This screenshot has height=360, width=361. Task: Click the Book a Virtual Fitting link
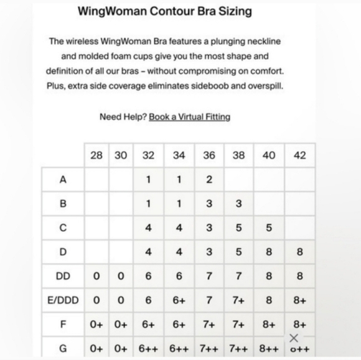click(189, 117)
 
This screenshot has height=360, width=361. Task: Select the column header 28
click(96, 155)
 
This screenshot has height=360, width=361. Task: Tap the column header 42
click(299, 155)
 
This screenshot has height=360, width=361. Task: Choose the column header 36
click(209, 155)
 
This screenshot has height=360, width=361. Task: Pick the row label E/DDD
click(63, 300)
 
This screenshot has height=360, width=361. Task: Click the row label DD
click(63, 276)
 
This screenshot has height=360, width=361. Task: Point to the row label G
click(63, 348)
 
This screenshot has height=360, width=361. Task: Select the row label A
click(63, 180)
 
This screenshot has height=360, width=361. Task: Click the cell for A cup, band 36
click(209, 180)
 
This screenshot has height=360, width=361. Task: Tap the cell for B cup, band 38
click(239, 204)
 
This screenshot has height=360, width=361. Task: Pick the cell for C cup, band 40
click(269, 228)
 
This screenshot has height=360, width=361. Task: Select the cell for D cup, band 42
click(299, 252)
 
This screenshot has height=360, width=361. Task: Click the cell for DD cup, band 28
click(96, 276)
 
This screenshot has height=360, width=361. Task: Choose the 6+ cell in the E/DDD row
click(179, 300)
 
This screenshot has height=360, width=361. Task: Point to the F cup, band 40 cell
click(269, 324)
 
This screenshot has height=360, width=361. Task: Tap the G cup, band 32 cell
click(148, 348)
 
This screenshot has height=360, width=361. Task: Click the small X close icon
click(294, 338)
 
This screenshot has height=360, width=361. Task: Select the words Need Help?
click(122, 117)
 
